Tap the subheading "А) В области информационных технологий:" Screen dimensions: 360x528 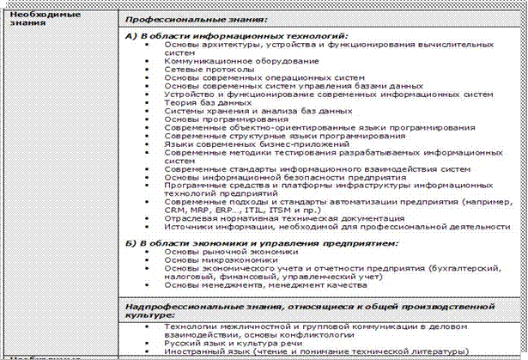point(237,36)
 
